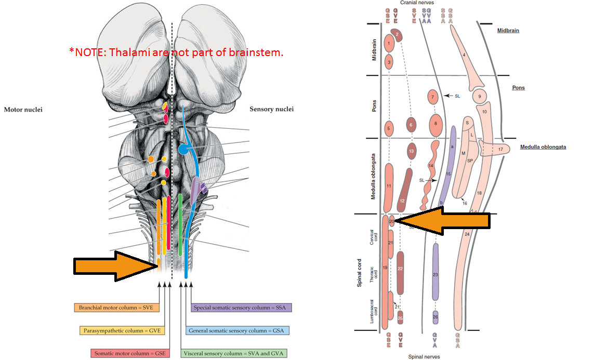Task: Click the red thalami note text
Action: point(176,52)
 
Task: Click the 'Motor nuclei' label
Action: point(23,110)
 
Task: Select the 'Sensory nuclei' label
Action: point(271,109)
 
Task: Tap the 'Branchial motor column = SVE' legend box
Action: point(116,308)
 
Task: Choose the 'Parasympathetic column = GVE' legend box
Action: point(119,330)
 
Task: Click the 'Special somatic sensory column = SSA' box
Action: point(241,308)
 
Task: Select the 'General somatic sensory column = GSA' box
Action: point(237,330)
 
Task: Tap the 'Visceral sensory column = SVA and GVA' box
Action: point(234,353)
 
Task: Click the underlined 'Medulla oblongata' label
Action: point(543,147)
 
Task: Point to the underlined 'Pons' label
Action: point(518,88)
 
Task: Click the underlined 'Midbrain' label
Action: point(508,31)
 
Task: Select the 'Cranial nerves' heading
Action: point(416,3)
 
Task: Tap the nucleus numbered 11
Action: point(389,186)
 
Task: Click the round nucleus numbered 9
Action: point(480,96)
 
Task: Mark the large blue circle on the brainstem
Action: point(183,150)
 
